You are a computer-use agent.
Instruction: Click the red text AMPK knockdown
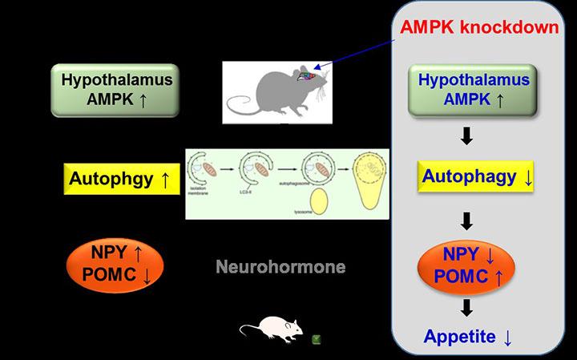click(x=479, y=27)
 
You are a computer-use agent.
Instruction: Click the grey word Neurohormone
click(x=280, y=267)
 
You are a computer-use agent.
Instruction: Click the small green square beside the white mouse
click(x=317, y=339)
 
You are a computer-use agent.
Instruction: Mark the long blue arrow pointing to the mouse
click(x=361, y=54)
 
